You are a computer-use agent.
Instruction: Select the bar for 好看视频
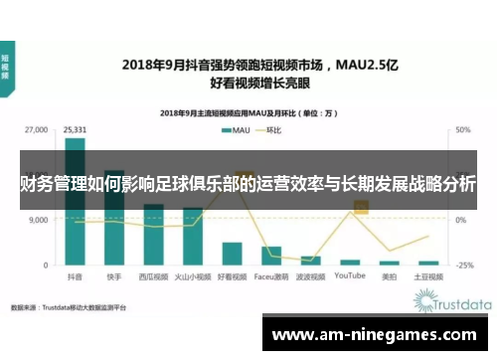point(232,254)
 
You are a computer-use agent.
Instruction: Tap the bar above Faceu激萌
point(270,256)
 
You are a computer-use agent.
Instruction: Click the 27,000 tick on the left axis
point(36,129)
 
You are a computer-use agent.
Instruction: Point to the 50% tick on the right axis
point(463,129)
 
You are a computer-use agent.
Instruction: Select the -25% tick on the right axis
point(464,266)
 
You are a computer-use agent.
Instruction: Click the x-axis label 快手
point(114,277)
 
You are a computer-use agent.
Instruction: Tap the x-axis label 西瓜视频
point(153,277)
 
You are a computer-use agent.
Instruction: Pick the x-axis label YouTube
point(350,277)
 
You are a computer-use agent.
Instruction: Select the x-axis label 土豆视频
point(428,277)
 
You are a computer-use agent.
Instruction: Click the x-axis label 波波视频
point(310,277)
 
